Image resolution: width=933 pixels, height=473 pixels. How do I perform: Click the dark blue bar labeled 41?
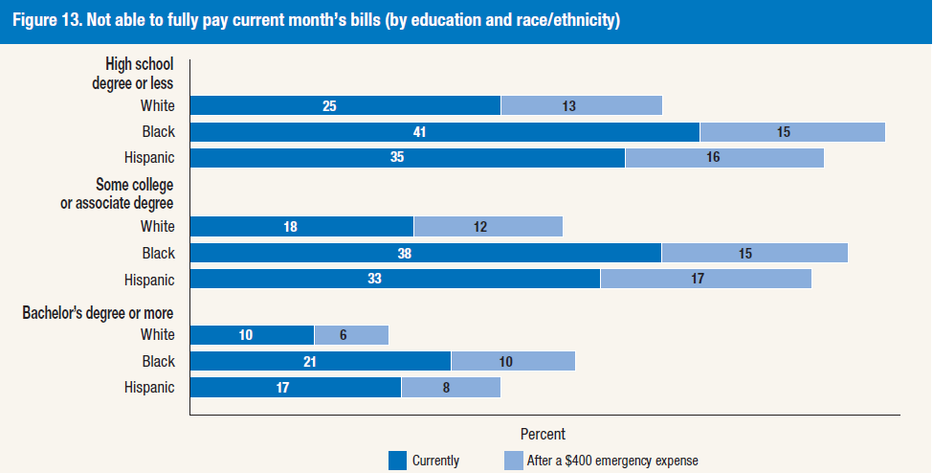tap(445, 132)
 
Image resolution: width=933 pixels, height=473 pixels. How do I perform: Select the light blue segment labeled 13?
tap(582, 105)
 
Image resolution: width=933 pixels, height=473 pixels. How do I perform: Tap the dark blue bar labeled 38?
tap(426, 254)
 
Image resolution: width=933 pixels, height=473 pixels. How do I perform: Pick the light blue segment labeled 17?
tap(705, 280)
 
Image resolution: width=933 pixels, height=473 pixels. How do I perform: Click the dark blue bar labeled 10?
tap(253, 335)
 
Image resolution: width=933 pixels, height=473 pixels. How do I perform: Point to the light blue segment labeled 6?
tap(351, 335)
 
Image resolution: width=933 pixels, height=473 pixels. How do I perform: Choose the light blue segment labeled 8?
tap(451, 388)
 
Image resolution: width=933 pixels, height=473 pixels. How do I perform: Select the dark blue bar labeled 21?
tap(321, 361)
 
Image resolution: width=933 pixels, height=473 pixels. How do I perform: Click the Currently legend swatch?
tap(397, 461)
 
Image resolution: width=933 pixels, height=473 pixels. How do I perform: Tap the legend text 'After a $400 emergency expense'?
tap(612, 461)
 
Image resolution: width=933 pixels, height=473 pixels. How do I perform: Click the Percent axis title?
tap(543, 434)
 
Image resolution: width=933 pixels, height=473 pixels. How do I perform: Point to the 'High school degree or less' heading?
tap(139, 74)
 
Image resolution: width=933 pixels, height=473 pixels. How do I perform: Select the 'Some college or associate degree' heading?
tap(124, 193)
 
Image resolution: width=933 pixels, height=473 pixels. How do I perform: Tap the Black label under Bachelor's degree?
tap(158, 361)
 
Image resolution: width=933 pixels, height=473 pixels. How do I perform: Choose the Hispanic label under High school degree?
tap(149, 158)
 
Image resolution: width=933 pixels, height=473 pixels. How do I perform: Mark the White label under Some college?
tap(157, 227)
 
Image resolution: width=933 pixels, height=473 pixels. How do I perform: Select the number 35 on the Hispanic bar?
tap(398, 158)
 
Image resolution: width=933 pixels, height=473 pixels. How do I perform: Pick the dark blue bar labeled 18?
tap(301, 227)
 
